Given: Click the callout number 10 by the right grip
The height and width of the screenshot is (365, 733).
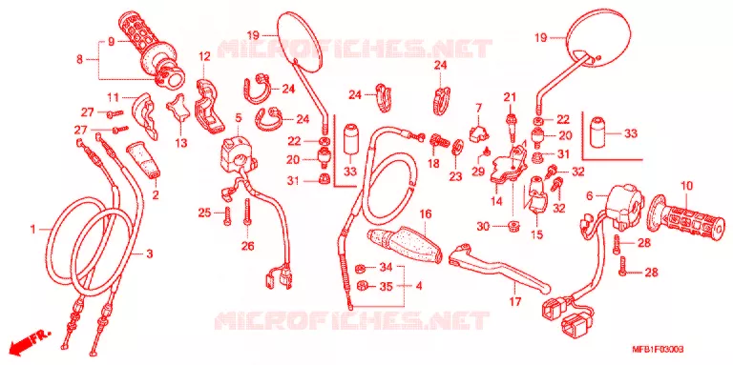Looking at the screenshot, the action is [x=686, y=187].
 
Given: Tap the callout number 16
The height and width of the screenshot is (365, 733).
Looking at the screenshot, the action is [x=425, y=214].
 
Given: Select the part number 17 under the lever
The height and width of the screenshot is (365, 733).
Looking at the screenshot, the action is [x=514, y=302].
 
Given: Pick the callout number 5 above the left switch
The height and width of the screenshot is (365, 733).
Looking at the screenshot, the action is [x=238, y=118].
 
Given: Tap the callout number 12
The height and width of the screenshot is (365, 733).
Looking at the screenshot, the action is [x=204, y=57].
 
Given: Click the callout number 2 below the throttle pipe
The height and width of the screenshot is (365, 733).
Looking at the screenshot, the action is [x=156, y=195].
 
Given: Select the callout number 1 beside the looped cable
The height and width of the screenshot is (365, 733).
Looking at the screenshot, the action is [x=32, y=229].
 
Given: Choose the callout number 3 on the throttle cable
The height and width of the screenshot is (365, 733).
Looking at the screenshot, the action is [x=149, y=253].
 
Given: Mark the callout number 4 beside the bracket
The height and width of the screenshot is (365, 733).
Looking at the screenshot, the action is [x=418, y=286].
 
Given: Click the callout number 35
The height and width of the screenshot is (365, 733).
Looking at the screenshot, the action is [x=386, y=287].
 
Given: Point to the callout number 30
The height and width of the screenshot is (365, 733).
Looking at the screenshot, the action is [x=483, y=227].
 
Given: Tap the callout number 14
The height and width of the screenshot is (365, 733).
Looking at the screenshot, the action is [x=496, y=202].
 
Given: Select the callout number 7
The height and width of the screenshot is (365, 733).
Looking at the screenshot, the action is [x=479, y=109].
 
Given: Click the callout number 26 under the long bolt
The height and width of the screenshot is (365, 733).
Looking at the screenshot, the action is [x=247, y=246].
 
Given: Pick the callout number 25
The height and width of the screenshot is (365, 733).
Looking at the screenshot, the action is [x=205, y=213].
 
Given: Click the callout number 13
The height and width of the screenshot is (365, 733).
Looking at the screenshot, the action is [x=181, y=142].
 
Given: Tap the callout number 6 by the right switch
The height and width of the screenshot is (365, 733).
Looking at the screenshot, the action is [x=589, y=196].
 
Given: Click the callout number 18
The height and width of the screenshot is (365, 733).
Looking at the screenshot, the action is [x=433, y=163].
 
